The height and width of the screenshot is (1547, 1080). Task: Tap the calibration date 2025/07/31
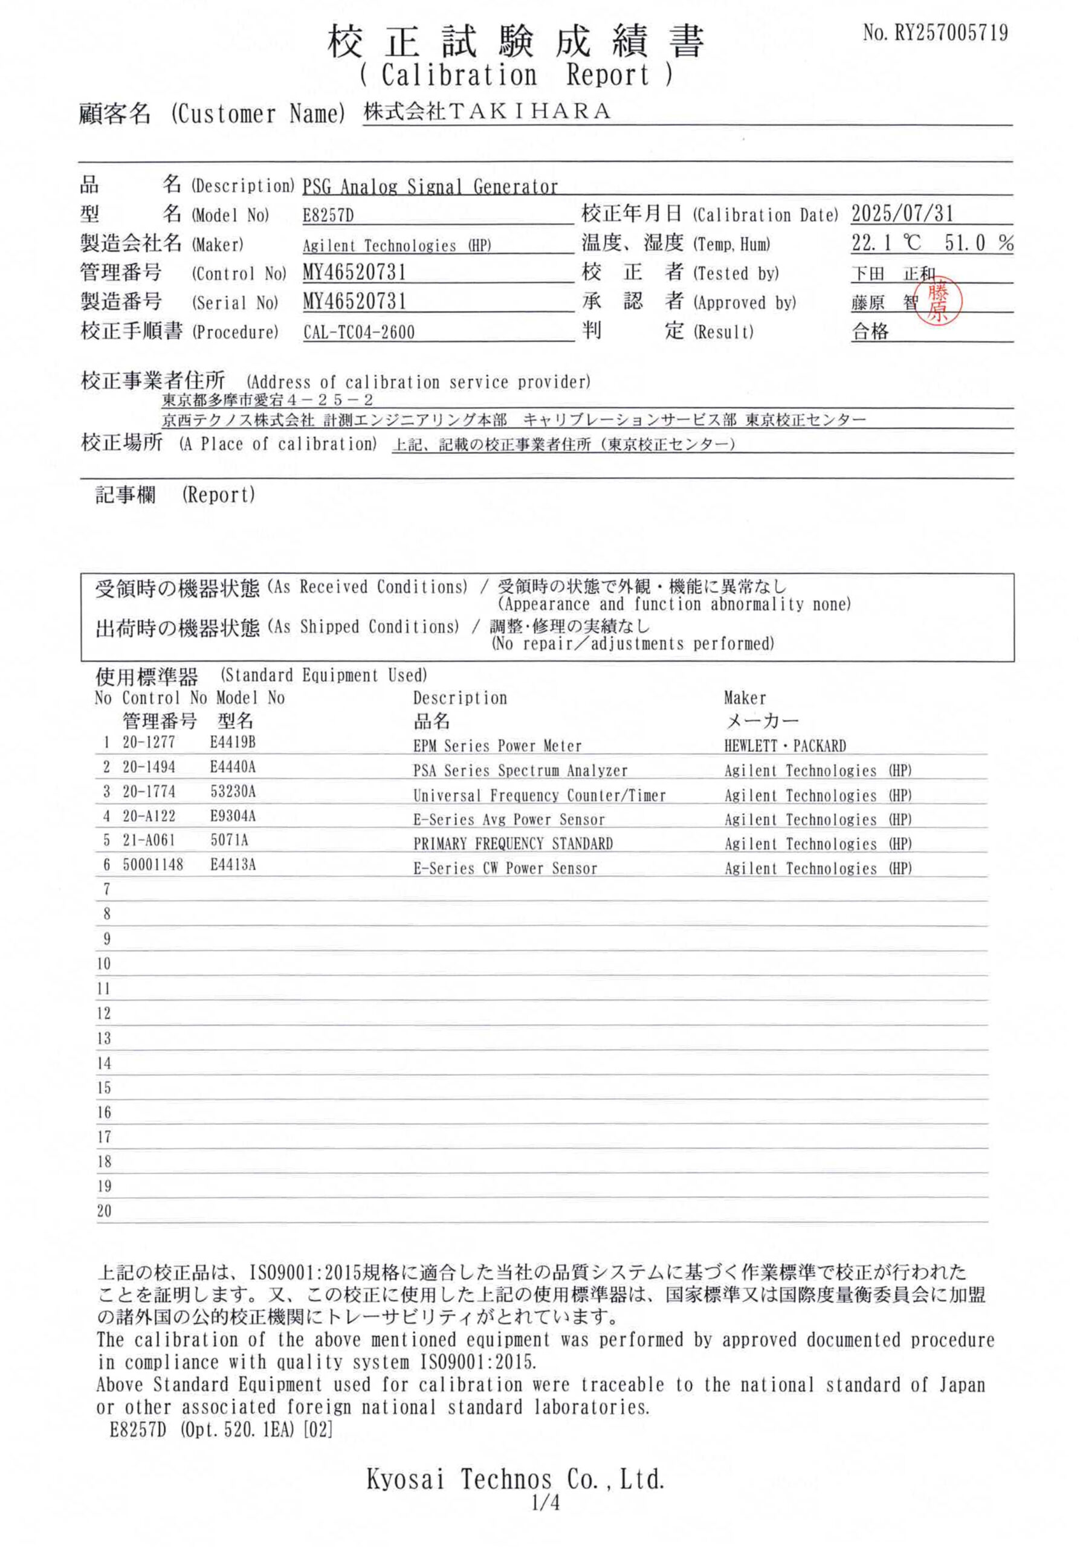click(x=902, y=215)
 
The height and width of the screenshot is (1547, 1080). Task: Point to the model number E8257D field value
click(x=328, y=216)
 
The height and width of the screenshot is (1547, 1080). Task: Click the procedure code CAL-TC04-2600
click(x=358, y=332)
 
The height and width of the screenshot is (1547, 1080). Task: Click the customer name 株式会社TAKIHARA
click(x=487, y=112)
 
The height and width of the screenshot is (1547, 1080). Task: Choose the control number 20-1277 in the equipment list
click(x=148, y=743)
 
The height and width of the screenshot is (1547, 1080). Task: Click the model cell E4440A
click(x=233, y=767)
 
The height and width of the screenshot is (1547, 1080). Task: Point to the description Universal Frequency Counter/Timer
click(x=539, y=796)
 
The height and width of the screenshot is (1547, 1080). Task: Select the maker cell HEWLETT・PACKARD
click(x=784, y=746)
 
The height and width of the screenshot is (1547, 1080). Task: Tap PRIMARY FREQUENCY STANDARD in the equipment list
click(x=513, y=844)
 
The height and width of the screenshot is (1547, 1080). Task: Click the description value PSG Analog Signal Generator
click(x=430, y=187)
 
